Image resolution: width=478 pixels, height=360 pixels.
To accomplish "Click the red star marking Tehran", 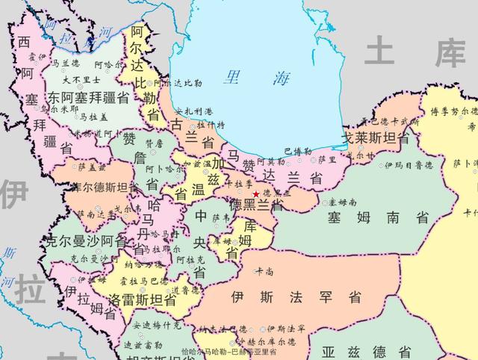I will pyautogui.click(x=257, y=194).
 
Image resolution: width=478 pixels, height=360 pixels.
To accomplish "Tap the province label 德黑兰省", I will pyautogui.click(x=255, y=205).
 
